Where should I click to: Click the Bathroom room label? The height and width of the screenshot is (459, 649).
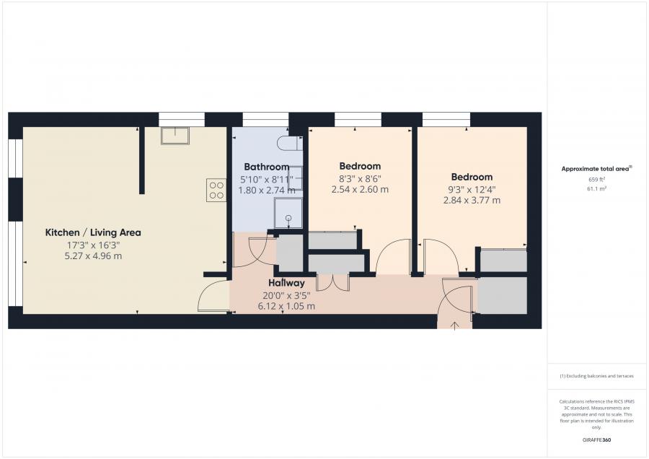click(267, 167)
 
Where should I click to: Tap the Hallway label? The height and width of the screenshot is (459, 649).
click(286, 283)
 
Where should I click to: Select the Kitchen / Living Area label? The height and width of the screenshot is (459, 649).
click(93, 233)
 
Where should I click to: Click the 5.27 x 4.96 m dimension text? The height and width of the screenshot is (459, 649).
click(93, 256)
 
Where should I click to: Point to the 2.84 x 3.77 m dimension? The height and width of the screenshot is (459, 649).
click(472, 201)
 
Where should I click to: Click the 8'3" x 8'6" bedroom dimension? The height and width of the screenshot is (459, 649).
click(360, 178)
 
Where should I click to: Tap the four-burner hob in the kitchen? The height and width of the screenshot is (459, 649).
click(216, 190)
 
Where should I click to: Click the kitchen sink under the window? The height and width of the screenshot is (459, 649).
click(175, 136)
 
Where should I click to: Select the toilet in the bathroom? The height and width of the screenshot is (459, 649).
click(290, 144)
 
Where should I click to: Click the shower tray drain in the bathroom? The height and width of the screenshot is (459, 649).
click(288, 218)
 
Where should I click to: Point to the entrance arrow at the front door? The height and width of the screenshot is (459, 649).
click(454, 325)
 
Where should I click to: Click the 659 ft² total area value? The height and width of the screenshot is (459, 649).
click(596, 180)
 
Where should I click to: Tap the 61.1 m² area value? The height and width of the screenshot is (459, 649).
click(596, 189)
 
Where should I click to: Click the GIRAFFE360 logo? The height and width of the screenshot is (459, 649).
click(596, 440)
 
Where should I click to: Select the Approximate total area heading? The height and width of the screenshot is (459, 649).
click(596, 169)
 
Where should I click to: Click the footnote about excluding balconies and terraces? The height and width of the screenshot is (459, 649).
click(596, 376)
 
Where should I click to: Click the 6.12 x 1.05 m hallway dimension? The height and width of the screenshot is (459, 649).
click(286, 307)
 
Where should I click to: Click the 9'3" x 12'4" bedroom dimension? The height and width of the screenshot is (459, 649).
click(472, 190)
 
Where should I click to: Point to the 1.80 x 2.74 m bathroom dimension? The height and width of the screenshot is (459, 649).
click(267, 191)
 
